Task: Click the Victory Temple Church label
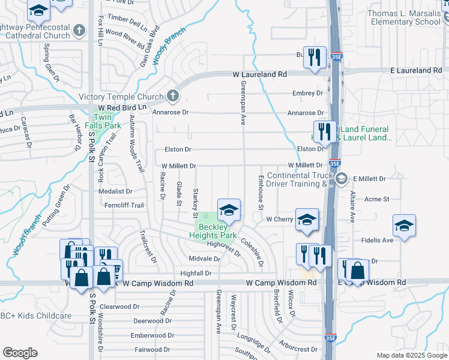tap(121, 97)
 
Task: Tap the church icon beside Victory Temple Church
tap(172, 96)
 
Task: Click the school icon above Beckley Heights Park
tap(229, 210)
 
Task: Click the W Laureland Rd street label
tap(260, 74)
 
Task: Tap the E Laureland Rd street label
tap(416, 70)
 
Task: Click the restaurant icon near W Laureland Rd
tap(315, 58)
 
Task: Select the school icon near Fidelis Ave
tap(405, 226)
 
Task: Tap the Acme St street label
tap(377, 199)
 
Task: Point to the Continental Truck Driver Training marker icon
tap(341, 178)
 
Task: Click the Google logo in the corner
tap(20, 353)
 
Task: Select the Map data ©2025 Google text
tap(411, 355)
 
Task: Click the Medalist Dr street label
tap(116, 191)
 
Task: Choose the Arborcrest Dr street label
tap(298, 348)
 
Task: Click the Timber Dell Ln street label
tap(127, 23)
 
